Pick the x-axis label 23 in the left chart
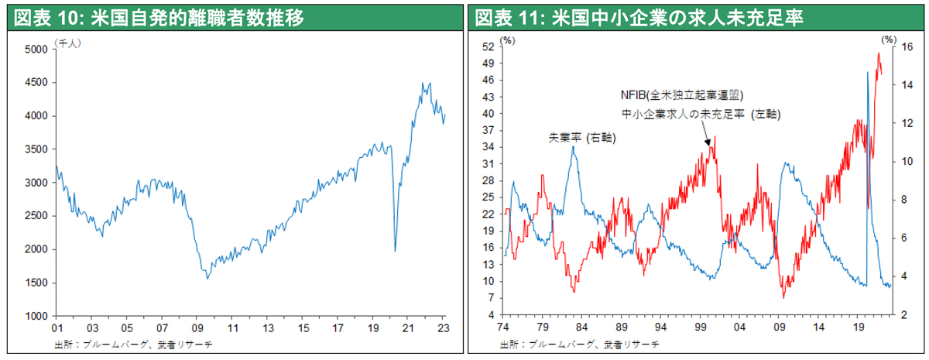pos(444,327)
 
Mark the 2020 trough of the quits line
pos(395,250)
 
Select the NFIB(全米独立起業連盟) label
pos(681,95)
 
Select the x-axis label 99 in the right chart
pos(701,327)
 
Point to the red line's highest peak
pos(878,53)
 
